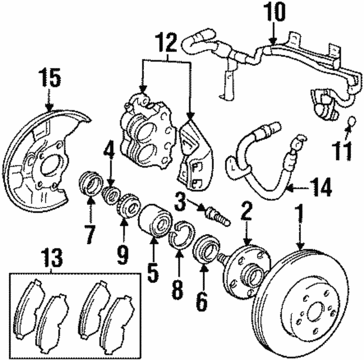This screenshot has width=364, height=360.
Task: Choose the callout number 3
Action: [181, 200]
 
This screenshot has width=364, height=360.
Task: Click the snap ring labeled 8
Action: [181, 238]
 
